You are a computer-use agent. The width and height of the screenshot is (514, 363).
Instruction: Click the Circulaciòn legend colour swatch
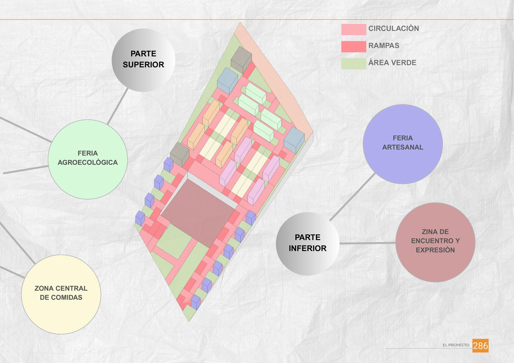click(x=353, y=30)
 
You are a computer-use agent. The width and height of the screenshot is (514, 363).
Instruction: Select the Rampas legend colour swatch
click(x=353, y=47)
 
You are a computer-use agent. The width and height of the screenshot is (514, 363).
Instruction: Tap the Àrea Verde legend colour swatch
click(x=353, y=64)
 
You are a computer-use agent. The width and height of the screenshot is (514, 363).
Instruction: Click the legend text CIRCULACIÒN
click(x=394, y=29)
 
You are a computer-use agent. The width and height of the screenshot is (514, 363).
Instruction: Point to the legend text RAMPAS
click(x=384, y=46)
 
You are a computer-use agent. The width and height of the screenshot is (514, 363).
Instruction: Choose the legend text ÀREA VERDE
click(x=392, y=63)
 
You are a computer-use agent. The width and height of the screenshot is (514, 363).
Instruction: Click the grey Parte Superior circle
click(x=143, y=60)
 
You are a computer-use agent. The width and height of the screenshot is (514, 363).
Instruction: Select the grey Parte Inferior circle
click(x=307, y=243)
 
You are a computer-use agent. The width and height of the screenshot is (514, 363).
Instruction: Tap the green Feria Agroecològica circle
click(x=88, y=159)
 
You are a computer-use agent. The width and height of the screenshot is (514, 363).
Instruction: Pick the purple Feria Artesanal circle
click(x=403, y=144)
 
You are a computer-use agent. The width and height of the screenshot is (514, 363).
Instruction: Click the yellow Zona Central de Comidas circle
click(x=61, y=294)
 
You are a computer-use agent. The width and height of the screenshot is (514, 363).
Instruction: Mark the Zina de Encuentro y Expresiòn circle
click(x=435, y=242)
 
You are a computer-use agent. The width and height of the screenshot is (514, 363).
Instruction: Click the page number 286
click(x=480, y=345)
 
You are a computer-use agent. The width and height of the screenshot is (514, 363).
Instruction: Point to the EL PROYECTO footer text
click(x=456, y=345)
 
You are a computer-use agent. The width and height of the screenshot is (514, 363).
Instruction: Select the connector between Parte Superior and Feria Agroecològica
click(x=118, y=106)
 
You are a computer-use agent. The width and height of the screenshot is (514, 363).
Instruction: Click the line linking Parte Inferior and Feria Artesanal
click(x=353, y=197)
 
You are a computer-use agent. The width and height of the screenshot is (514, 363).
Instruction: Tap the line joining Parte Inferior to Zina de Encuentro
click(x=367, y=243)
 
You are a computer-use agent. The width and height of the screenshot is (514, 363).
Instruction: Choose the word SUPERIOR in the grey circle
click(x=143, y=65)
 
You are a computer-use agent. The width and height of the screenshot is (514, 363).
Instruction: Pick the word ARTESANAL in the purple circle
click(x=403, y=147)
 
